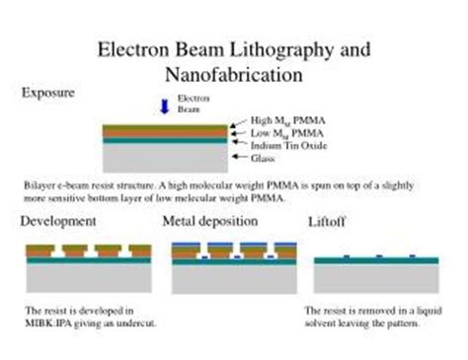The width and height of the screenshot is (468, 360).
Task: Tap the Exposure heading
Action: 48,93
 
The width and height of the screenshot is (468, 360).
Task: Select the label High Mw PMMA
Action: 280,120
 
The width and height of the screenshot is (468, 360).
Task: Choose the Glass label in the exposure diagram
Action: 263,158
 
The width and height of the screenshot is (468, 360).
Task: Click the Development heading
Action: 58,221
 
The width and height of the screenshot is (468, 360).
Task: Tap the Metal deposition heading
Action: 209,221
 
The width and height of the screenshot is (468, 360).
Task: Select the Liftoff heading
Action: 327,221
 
